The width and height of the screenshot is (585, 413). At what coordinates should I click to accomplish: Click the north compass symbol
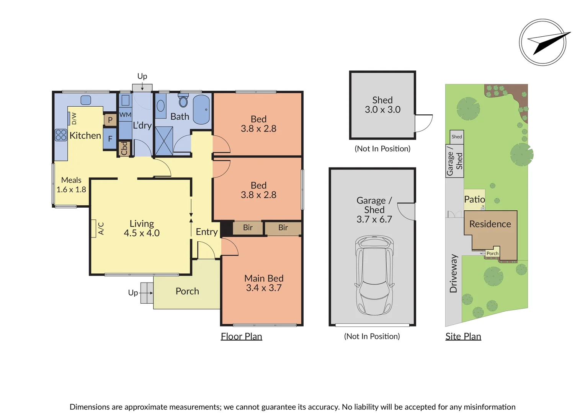pyautogui.click(x=543, y=42)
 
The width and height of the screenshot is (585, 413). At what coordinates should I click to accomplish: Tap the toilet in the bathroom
pyautogui.click(x=183, y=101)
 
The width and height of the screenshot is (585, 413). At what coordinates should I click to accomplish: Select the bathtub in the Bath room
pyautogui.click(x=201, y=109)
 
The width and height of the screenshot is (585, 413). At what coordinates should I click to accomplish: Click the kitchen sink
pyautogui.click(x=86, y=100)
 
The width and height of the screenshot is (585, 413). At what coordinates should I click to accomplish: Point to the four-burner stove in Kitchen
pyautogui.click(x=61, y=135)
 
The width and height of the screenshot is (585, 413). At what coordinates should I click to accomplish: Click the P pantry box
pyautogui.click(x=110, y=120)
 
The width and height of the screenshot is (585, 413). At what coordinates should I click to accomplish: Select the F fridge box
pyautogui.click(x=110, y=139)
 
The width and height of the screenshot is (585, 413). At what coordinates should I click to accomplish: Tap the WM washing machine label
pyautogui.click(x=125, y=115)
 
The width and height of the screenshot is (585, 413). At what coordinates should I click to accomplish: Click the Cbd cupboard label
pyautogui.click(x=124, y=149)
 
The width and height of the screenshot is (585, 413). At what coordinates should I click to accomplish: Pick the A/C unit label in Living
pyautogui.click(x=101, y=228)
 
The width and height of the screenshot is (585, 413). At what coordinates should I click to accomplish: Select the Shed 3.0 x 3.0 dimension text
pyautogui.click(x=382, y=110)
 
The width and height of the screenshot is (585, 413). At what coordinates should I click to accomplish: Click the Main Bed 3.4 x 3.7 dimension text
pyautogui.click(x=264, y=288)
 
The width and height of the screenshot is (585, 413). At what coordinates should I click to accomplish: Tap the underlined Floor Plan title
pyautogui.click(x=241, y=337)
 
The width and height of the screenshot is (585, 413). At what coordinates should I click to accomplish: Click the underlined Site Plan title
pyautogui.click(x=463, y=337)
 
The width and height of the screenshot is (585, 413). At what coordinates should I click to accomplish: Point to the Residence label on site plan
pyautogui.click(x=490, y=224)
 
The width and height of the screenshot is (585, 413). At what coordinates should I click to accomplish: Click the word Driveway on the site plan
pyautogui.click(x=454, y=273)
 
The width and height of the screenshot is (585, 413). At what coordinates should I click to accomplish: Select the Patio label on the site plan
pyautogui.click(x=474, y=199)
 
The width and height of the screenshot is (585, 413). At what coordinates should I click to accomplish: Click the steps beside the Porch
pyautogui.click(x=147, y=293)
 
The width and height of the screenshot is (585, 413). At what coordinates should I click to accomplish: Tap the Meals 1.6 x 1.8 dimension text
pyautogui.click(x=71, y=190)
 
